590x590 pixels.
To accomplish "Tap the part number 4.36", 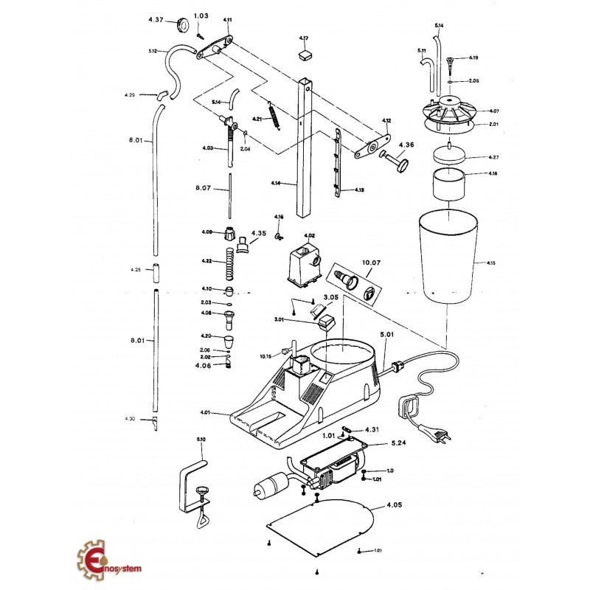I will (x=406, y=145).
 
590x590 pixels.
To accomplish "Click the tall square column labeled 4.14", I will (x=305, y=147).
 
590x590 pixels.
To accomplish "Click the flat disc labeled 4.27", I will (x=449, y=156).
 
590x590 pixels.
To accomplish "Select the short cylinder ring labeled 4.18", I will (x=449, y=184).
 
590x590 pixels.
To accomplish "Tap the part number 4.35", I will (x=258, y=233).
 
